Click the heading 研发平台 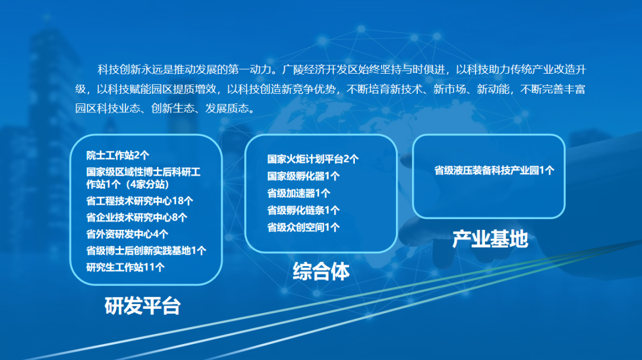point(143,305)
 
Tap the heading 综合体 point(321,271)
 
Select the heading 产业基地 point(490,239)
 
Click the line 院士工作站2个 point(118,156)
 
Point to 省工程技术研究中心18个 point(140,201)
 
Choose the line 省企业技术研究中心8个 point(136,217)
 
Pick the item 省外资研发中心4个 point(127,234)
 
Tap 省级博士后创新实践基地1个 point(146,250)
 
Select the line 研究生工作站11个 point(125,267)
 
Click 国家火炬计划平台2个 point(313,159)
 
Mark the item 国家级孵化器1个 point(303,176)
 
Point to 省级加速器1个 point(298,193)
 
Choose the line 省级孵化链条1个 point(303,210)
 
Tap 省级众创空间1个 point(303,228)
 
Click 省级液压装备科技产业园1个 point(494,170)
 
